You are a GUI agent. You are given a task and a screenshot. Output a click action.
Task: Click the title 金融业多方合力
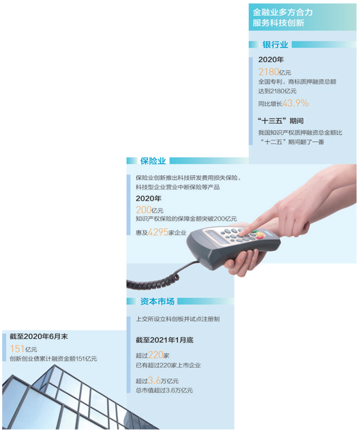click(283, 12)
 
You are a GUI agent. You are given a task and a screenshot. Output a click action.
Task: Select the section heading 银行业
click(275, 44)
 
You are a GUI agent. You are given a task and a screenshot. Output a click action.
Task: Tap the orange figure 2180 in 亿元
click(269, 72)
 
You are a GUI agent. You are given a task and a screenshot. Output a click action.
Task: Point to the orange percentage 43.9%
click(296, 103)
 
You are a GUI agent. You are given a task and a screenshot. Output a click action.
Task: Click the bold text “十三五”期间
click(280, 121)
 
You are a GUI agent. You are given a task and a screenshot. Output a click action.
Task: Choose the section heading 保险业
click(153, 161)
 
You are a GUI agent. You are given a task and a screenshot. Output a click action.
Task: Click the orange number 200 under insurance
click(144, 210)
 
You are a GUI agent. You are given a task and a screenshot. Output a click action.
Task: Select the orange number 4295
click(158, 232)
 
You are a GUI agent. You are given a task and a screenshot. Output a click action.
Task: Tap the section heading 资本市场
click(157, 301)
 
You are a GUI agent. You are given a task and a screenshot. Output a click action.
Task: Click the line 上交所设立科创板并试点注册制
click(177, 319)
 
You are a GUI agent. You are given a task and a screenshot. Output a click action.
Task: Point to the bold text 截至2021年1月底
click(164, 340)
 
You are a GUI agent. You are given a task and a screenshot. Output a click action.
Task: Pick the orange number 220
click(155, 355)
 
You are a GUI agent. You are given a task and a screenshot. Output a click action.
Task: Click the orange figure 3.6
click(154, 380)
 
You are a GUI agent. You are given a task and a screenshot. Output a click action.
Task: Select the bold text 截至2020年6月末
click(39, 336)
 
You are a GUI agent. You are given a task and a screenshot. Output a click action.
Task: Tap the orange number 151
click(17, 348)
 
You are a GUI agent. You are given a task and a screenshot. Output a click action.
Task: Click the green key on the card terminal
click(254, 232)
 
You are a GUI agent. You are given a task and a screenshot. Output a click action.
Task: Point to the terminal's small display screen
click(217, 237)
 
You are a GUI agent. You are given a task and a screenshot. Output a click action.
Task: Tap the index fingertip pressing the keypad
click(243, 233)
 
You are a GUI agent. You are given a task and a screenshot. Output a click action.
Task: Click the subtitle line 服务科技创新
click(278, 23)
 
